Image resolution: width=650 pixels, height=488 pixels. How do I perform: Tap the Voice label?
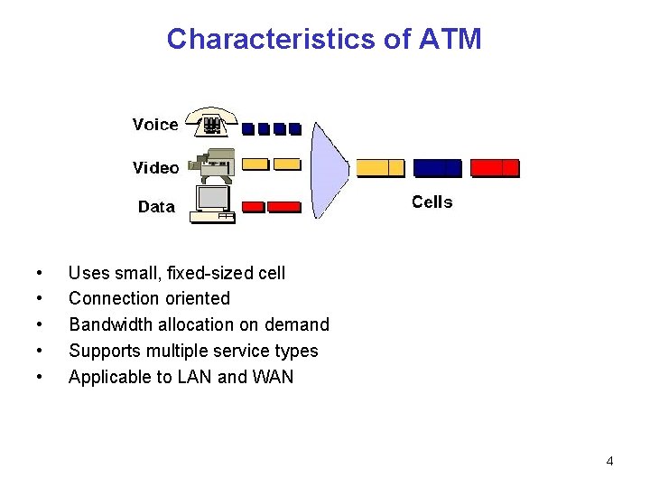pyautogui.click(x=155, y=125)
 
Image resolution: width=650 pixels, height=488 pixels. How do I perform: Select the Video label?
pyautogui.click(x=155, y=167)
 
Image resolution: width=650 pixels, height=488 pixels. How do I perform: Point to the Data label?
pyautogui.click(x=156, y=207)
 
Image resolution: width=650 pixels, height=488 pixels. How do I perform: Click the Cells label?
pyautogui.click(x=432, y=202)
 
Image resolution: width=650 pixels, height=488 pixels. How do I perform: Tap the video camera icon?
pyautogui.click(x=212, y=164)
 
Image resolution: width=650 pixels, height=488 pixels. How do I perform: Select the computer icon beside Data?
pyautogui.click(x=215, y=202)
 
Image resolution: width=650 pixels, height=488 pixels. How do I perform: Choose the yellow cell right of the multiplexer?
pyautogui.click(x=380, y=167)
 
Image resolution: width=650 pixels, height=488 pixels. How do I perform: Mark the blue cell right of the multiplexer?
pyautogui.click(x=437, y=167)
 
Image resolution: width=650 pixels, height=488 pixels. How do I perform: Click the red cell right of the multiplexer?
pyautogui.click(x=496, y=167)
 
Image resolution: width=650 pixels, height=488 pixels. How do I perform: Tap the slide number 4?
pyautogui.click(x=609, y=461)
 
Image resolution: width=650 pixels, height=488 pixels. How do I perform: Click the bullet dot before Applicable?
pyautogui.click(x=38, y=377)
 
